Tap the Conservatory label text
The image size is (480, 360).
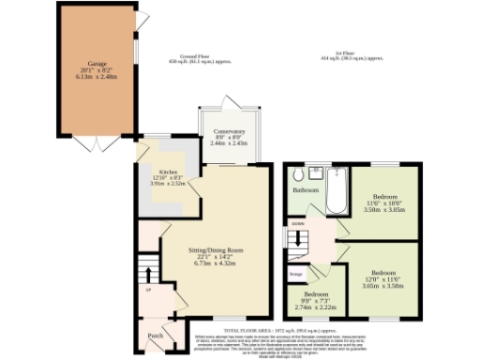(x=229, y=132)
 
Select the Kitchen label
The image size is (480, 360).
(x=168, y=172)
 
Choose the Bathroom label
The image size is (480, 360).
(x=305, y=190)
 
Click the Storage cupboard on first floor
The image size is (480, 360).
(x=295, y=275)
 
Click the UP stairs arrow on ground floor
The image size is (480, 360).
(x=145, y=275)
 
